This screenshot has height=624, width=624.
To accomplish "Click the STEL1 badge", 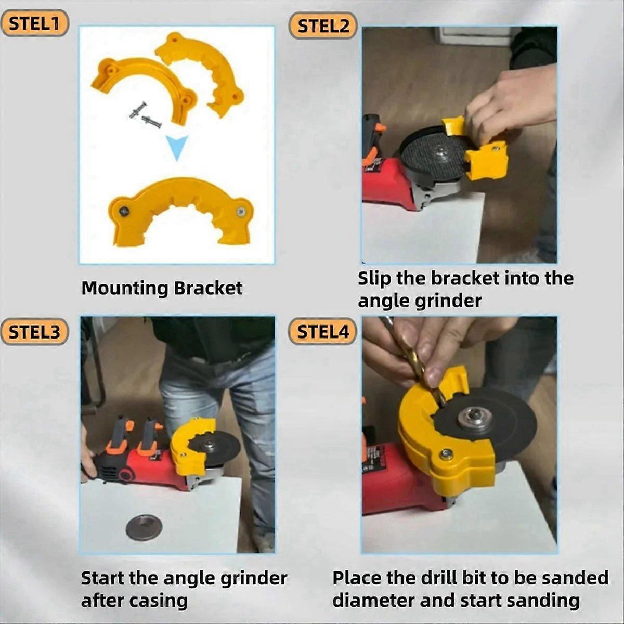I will coord(35,23).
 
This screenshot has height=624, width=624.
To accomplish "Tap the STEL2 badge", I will coord(323,25).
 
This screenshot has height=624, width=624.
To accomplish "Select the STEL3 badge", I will coord(35,331).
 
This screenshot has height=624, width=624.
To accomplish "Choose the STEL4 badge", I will coord(323,331).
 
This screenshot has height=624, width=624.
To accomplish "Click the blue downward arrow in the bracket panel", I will coord(176,148).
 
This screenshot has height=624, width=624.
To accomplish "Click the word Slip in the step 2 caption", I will coord(374,278).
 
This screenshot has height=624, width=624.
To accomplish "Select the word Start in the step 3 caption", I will coord(102,578).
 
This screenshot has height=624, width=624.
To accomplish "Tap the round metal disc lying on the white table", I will coord(144,527).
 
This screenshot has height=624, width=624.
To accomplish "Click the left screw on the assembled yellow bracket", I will coord(124,211).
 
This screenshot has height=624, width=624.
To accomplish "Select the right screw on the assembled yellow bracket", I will coord(241,211).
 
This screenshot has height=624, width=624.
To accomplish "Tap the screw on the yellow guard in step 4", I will coord(446,454).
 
